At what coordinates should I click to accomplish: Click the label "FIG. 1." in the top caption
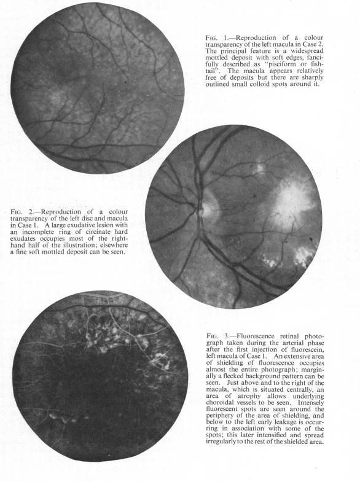pyautogui.click(x=214, y=37)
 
